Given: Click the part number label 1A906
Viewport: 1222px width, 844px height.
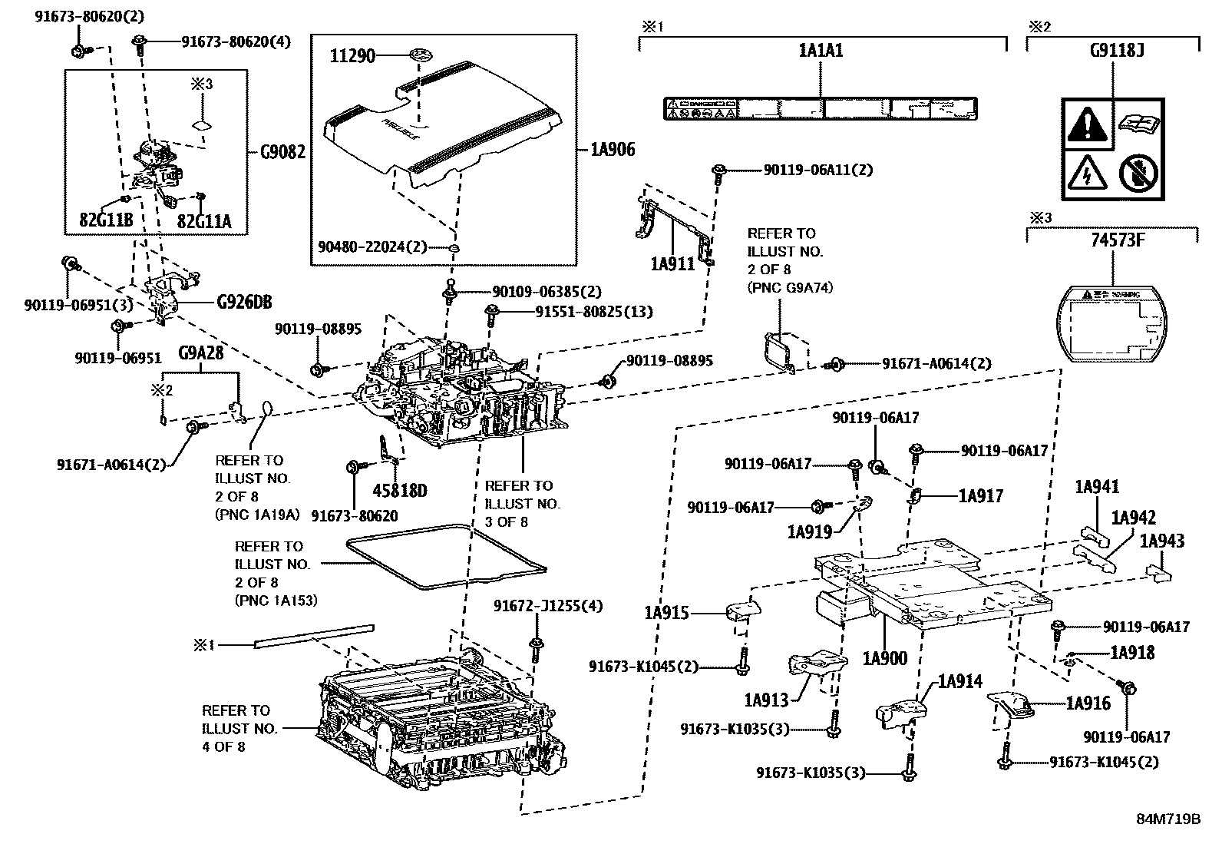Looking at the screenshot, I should [613, 150].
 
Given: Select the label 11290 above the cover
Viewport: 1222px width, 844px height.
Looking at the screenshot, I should [353, 55].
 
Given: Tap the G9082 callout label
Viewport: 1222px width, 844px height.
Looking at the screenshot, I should [282, 152].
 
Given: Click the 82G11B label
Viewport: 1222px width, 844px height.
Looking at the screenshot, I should [106, 222].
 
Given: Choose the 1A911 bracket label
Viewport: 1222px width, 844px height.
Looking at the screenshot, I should [672, 264].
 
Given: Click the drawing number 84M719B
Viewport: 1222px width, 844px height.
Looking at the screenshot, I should [1168, 819].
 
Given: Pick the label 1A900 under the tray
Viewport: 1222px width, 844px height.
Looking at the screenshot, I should [884, 658].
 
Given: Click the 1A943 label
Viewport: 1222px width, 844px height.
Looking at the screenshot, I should [1161, 541].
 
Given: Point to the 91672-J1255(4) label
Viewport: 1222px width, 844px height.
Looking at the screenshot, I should [547, 606].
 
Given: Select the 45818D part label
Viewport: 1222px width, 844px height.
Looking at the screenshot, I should [399, 490].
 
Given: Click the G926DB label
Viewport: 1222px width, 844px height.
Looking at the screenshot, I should [243, 302].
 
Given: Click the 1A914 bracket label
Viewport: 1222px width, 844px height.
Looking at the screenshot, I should [959, 681].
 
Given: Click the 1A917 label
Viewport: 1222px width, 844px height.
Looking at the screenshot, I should [980, 496].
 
